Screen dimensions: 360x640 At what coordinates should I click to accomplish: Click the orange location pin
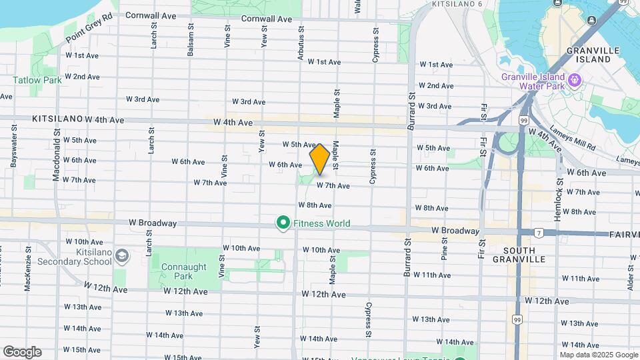coord(320,158)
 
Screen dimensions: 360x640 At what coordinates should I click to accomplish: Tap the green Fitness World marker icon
coord(283,223)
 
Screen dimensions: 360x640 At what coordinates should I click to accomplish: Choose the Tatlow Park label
coord(37,80)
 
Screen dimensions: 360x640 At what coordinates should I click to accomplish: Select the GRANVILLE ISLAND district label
coord(589,55)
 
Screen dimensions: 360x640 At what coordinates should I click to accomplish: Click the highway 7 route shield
coord(537,233)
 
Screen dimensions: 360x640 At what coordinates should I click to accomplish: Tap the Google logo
coord(22,351)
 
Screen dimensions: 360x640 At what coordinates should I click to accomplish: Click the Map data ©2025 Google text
coord(599,355)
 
